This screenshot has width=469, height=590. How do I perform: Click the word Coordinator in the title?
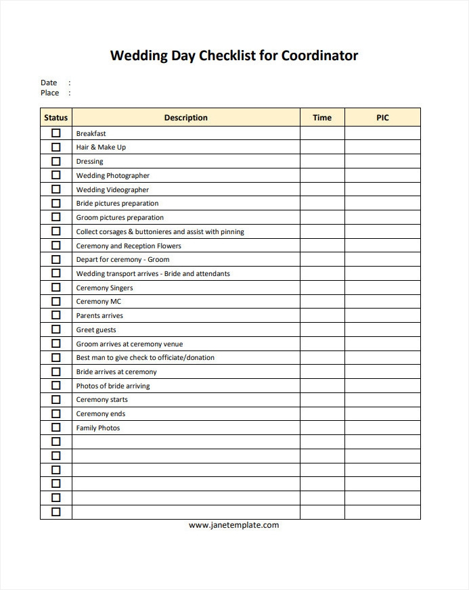click(x=319, y=55)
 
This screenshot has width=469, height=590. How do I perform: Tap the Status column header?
click(x=55, y=118)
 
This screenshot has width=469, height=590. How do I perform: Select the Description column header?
click(x=185, y=118)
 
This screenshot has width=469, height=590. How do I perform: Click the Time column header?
click(x=322, y=118)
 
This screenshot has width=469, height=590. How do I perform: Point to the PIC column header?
click(x=382, y=118)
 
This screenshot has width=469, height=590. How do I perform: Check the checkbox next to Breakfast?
click(x=55, y=133)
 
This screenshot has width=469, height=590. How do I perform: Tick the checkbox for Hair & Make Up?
click(x=55, y=147)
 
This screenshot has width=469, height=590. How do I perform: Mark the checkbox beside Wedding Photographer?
click(x=55, y=175)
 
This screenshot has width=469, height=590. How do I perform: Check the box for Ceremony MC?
click(x=55, y=302)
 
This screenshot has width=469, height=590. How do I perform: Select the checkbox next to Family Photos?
click(x=55, y=428)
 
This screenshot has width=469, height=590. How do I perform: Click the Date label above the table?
click(x=49, y=83)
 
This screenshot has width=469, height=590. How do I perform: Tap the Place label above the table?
click(x=49, y=93)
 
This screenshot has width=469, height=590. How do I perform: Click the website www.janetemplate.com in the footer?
click(x=233, y=525)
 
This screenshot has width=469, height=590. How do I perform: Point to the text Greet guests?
click(x=96, y=330)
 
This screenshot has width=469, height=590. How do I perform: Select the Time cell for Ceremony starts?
click(x=322, y=400)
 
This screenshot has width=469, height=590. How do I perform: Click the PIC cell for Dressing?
click(x=382, y=162)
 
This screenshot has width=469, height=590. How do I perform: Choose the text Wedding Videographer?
click(x=112, y=190)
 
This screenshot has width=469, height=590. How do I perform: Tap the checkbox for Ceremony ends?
click(x=55, y=414)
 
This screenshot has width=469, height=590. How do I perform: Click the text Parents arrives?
click(x=99, y=316)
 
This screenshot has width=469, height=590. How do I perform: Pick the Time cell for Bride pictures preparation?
click(x=322, y=204)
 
